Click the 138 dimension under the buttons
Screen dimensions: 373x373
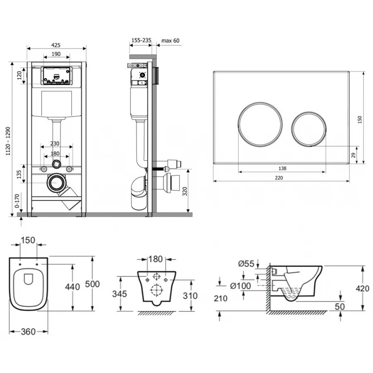click(x=282, y=168)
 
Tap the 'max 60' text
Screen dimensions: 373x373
click(x=171, y=41)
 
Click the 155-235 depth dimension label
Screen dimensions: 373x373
click(x=141, y=41)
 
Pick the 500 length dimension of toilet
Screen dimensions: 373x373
click(x=92, y=284)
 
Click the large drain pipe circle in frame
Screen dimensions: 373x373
click(x=56, y=183)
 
